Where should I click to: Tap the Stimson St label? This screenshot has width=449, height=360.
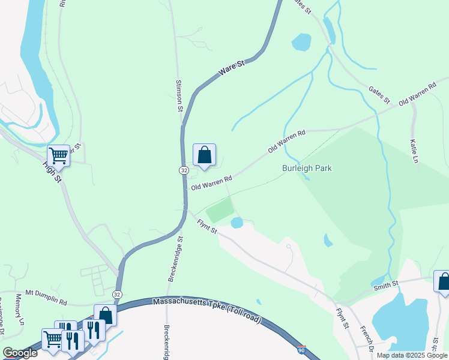coord(179,96)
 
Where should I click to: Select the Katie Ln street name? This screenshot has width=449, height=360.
coord(414,151)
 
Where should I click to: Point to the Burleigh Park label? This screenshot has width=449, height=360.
coord(307,169)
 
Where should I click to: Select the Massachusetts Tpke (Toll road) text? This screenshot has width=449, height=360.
coord(206,310)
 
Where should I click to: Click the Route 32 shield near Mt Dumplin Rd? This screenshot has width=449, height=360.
coord(117,294)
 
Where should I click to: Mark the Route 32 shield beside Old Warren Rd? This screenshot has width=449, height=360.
coord(184,170)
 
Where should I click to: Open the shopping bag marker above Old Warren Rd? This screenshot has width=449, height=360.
coord(204,155)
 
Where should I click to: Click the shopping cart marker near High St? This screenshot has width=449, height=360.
coord(59,156)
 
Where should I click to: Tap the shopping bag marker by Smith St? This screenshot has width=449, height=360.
coord(443,281)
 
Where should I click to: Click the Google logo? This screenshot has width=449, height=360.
coord(20,353)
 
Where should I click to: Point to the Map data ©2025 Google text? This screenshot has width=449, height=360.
coord(412,355)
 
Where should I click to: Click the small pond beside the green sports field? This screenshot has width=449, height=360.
coord(237,223)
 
